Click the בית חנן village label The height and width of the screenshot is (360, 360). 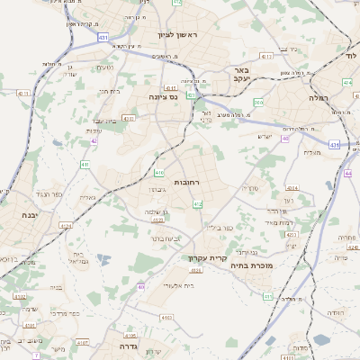[110, 90]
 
